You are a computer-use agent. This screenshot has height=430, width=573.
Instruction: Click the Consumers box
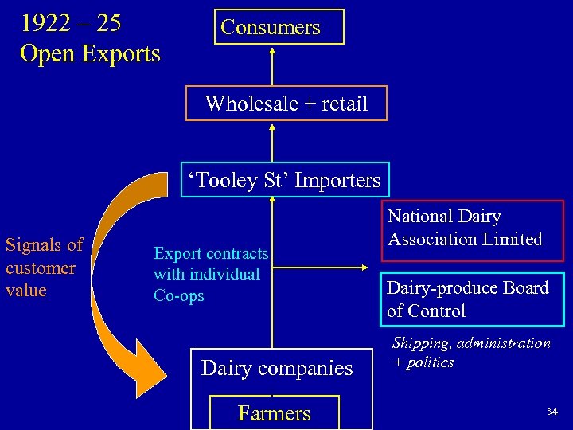point(271,27)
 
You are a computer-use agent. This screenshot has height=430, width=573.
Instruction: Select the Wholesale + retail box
point(286,104)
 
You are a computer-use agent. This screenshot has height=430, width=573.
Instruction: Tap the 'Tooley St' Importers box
point(283,180)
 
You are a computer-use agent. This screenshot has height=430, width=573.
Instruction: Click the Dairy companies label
point(277,368)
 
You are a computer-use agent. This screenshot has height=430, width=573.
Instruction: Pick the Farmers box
point(274,413)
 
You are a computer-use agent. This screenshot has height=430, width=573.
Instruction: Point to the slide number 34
point(552,411)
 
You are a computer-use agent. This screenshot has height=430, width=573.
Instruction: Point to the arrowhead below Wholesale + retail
point(272,126)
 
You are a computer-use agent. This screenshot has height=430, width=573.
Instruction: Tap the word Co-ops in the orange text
point(179,295)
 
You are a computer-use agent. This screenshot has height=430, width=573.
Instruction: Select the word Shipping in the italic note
point(421,343)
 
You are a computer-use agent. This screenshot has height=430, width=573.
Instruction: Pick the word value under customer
point(26,290)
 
